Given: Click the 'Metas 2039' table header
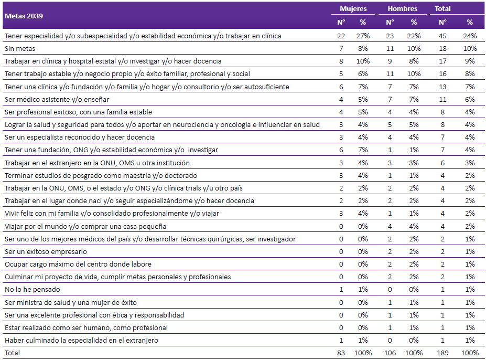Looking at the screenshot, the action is point(24,16).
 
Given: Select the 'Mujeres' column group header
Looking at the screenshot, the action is point(353,9).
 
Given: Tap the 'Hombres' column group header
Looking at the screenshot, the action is point(402,9).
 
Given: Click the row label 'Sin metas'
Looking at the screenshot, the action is point(20,49).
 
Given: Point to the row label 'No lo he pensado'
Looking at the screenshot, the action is point(32,290).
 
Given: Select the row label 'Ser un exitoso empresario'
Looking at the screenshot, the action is point(46,252).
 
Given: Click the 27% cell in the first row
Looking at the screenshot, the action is point(363,36).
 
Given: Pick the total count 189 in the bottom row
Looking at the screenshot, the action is point(442,353).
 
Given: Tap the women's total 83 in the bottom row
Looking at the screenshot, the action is point(341,353).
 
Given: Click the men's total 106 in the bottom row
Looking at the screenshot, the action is point(390,353).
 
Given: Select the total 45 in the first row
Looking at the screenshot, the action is point(442,36).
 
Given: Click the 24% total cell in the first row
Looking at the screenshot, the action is point(470,36).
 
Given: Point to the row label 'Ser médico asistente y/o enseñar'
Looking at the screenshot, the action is point(57,100).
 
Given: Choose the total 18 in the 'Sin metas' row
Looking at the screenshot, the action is point(442,49).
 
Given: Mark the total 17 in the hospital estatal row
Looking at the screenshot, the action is point(442,61).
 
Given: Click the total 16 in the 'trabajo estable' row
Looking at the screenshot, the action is point(442,74).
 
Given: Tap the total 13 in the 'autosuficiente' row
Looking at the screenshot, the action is point(442,87).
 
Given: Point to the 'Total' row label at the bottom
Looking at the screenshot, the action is point(12,353).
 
